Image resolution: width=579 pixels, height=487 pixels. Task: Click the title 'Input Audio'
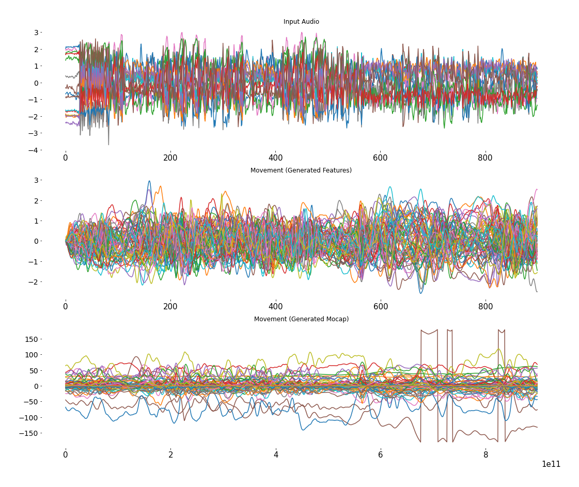[x=301, y=22]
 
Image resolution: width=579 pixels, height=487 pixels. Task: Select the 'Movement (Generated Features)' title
[x=301, y=170]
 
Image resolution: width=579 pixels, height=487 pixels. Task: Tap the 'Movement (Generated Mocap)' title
[x=301, y=319]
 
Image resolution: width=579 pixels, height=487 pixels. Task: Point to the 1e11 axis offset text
[x=551, y=464]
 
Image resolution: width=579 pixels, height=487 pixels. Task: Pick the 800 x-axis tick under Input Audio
[x=485, y=158]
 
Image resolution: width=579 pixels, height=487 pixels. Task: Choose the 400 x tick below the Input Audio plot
[x=275, y=158]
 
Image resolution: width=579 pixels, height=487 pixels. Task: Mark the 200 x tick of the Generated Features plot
[x=170, y=306]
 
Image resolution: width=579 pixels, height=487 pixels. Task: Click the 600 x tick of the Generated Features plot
[x=380, y=306]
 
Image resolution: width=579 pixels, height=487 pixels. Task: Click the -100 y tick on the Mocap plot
[x=29, y=417]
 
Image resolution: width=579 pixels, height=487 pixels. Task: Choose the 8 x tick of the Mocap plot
[x=486, y=455]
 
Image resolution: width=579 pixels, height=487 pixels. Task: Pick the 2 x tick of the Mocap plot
[x=170, y=455]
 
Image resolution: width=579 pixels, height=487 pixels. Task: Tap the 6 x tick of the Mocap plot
[x=381, y=455]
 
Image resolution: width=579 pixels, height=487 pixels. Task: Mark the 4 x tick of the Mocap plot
[x=276, y=455]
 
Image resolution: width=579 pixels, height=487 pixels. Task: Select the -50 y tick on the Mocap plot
[x=31, y=402]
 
